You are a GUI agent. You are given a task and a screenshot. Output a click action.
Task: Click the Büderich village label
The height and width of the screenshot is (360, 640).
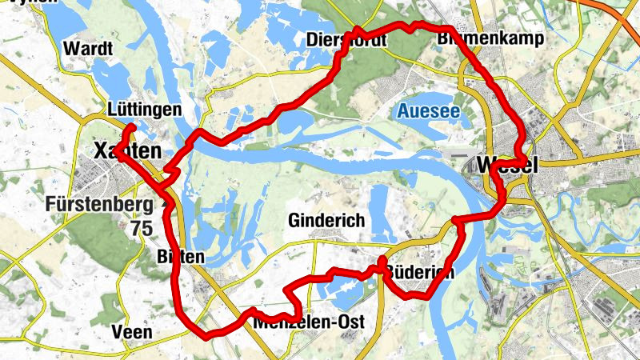(419, 273)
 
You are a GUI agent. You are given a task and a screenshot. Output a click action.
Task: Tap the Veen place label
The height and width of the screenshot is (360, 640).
(132, 331)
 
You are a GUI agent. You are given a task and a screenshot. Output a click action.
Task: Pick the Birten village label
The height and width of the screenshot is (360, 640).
(182, 257)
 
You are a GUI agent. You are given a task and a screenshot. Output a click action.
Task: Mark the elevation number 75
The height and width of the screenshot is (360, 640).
(142, 228)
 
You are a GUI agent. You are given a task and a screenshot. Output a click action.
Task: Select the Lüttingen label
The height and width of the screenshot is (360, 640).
(144, 110)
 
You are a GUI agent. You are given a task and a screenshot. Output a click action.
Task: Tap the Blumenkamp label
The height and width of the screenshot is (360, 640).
(491, 38)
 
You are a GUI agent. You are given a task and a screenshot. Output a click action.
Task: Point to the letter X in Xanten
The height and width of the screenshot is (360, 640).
(101, 150)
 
